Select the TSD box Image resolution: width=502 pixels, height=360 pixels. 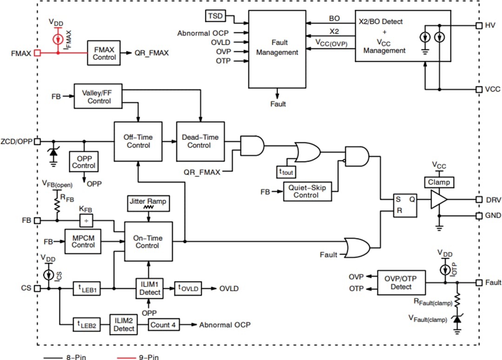click(215, 16)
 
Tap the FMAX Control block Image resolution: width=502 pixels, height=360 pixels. click(104, 53)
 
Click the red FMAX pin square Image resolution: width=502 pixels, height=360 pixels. click(37, 53)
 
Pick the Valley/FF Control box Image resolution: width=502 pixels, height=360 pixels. click(99, 97)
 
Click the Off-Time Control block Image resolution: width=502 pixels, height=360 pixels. click(138, 141)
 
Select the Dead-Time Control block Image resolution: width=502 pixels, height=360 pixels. click(199, 141)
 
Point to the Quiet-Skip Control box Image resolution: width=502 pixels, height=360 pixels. click(307, 191)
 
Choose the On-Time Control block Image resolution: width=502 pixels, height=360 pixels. click(147, 242)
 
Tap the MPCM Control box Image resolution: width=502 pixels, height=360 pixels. click(83, 242)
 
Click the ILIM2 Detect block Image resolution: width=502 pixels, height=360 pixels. click(124, 325)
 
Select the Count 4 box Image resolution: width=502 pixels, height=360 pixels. click(164, 325)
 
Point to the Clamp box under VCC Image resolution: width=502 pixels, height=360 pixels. click(438, 182)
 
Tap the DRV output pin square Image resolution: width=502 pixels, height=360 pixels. click(478, 199)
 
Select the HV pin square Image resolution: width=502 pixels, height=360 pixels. click(478, 26)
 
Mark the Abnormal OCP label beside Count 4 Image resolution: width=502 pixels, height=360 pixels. click(225, 325)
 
